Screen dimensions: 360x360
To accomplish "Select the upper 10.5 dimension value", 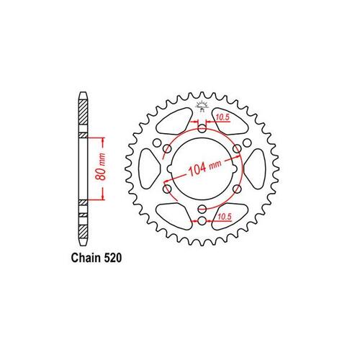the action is [x=222, y=117].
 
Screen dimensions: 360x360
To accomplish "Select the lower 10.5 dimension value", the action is [x=225, y=216].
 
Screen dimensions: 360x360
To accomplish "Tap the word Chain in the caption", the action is [x=86, y=258].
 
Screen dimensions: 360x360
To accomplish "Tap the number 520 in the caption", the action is [x=113, y=258].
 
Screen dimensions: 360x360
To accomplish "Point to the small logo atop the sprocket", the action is [x=202, y=106].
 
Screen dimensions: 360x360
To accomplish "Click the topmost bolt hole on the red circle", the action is [x=202, y=129].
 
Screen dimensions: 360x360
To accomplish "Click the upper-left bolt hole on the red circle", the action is [x=167, y=149].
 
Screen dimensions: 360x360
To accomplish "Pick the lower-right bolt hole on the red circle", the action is [x=238, y=189].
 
